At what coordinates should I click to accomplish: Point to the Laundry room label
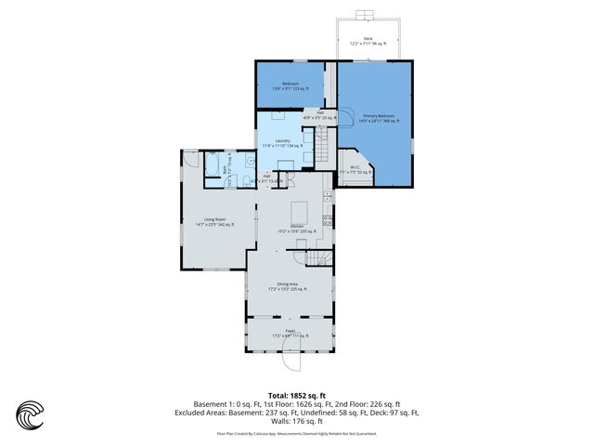282,143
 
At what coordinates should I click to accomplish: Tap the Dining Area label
287,286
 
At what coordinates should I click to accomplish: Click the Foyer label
289,334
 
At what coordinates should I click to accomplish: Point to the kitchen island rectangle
300,209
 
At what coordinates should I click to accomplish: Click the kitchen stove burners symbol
328,220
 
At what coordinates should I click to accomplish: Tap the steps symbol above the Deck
367,15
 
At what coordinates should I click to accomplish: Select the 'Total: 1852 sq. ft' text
296,395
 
